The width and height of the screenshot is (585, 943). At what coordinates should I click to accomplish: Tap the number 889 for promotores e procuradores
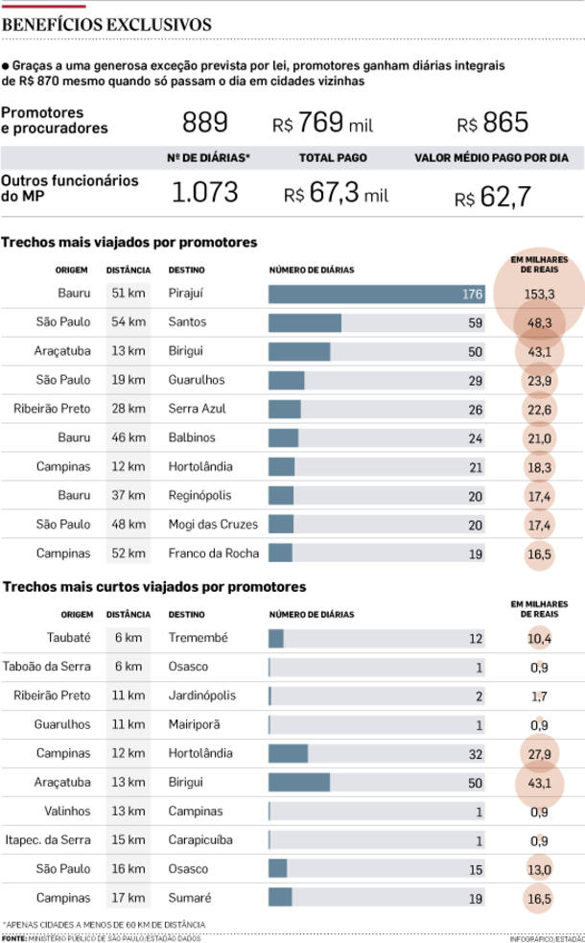pos(205,123)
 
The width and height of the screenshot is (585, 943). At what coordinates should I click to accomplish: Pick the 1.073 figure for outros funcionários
pos(204,192)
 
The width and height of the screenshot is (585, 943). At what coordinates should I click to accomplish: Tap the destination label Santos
pos(187,322)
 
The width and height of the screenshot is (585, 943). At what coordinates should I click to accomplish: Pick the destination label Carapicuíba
pos(200,839)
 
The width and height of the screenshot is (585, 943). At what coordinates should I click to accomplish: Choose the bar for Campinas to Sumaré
pos(280,897)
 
